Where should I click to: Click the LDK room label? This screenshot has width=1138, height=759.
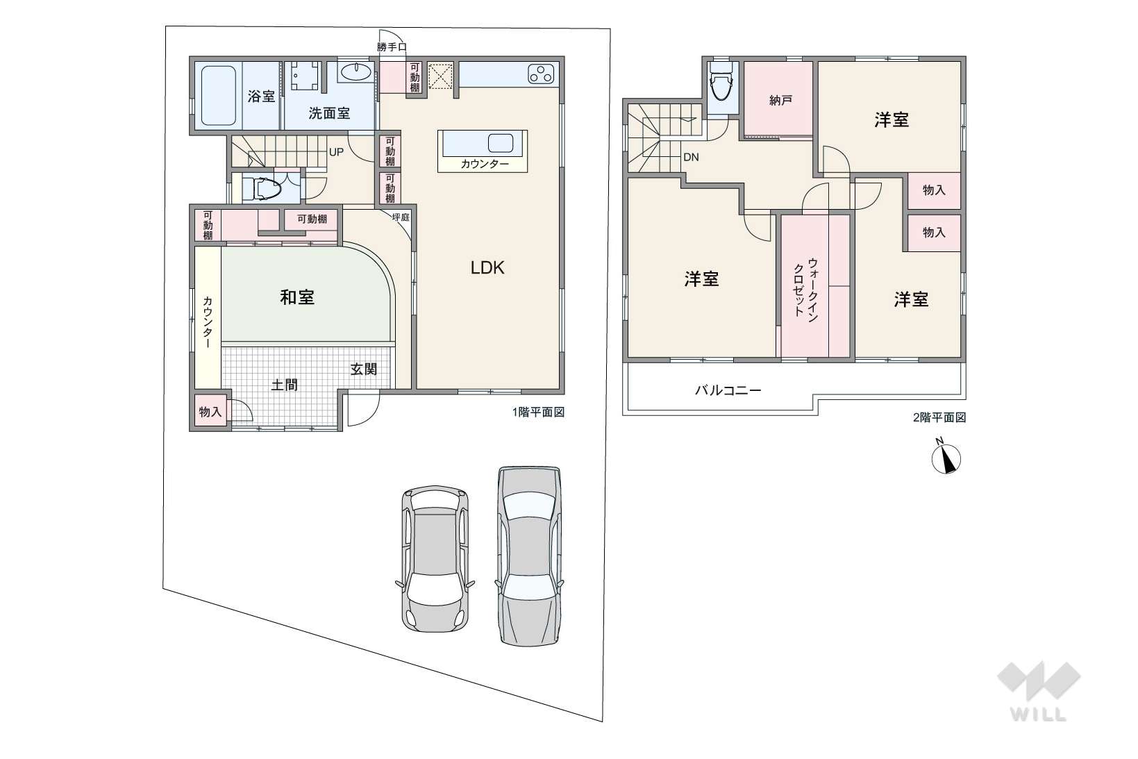pos(487,268)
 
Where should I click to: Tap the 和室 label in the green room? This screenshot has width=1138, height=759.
pos(297,297)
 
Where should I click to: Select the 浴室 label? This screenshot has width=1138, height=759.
pos(261,96)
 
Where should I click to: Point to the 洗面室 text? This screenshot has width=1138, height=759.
pos(329,112)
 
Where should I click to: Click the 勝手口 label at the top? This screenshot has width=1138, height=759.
pos(392,47)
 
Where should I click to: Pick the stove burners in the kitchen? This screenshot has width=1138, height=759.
pos(541,74)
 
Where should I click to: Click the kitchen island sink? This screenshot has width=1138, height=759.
pos(501,143)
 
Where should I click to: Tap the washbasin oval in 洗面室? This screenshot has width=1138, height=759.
pos(355,72)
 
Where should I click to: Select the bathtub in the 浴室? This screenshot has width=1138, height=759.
pos(219,95)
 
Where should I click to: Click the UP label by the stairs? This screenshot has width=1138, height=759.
pos(336,152)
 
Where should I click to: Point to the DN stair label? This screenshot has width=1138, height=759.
pos(691,158)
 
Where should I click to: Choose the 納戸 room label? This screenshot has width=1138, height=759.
pos(780,101)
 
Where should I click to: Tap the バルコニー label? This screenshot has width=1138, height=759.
pos(728,391)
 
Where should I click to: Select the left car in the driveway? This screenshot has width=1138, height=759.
pos(435,558)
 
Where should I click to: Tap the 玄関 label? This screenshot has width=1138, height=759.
pos(364,369)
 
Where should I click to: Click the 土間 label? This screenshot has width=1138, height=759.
pos(284,385)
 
